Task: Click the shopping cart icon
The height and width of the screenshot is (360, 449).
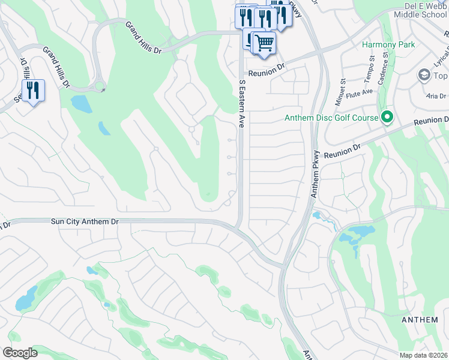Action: tap(264, 43)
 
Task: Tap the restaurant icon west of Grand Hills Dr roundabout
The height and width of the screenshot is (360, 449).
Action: tap(33, 91)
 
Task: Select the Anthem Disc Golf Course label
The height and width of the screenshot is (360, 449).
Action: tap(332, 118)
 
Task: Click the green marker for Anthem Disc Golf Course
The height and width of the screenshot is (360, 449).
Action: tap(387, 118)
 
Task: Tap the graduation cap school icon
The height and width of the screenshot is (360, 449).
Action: tap(424, 75)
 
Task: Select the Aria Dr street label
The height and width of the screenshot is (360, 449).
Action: tap(436, 96)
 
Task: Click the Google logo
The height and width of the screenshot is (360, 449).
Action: tap(20, 352)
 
